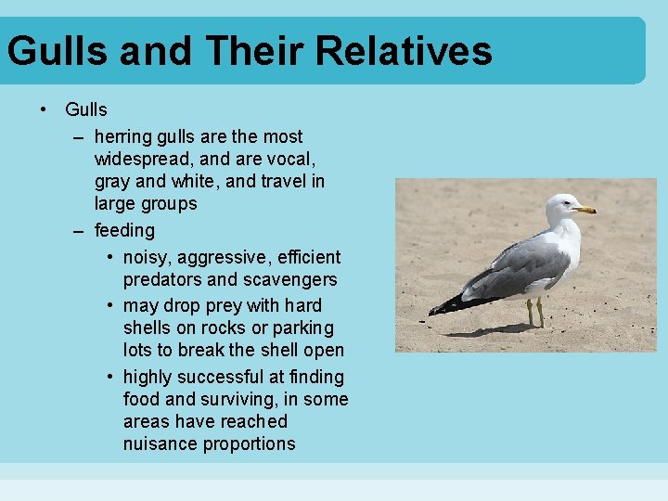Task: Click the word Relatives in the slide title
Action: (x=404, y=50)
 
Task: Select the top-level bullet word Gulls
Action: (x=86, y=109)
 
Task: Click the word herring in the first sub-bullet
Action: (x=124, y=137)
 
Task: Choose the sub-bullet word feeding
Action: (x=124, y=230)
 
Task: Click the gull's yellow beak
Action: (x=584, y=210)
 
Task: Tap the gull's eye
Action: (x=564, y=203)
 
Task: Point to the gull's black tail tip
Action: (x=443, y=305)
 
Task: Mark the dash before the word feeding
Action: (x=80, y=230)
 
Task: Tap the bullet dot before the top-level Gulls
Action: (x=44, y=109)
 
